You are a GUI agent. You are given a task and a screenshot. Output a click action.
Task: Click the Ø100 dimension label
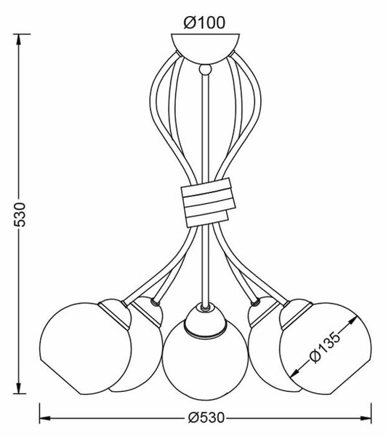pyautogui.click(x=204, y=23)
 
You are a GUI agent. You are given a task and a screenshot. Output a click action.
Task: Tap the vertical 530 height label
pyautogui.click(x=20, y=214)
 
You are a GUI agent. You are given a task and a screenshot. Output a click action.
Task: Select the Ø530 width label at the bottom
pyautogui.click(x=206, y=418)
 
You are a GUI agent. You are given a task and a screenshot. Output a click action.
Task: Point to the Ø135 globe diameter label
pyautogui.click(x=324, y=347)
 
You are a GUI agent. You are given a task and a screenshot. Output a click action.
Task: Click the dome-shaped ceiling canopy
pyautogui.click(x=205, y=48)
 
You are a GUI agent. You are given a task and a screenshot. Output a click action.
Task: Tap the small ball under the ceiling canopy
pyautogui.click(x=205, y=69)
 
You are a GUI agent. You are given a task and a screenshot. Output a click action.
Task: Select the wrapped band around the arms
pyautogui.click(x=208, y=202)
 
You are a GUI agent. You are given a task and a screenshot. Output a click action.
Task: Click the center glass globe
pyautogui.click(x=205, y=360)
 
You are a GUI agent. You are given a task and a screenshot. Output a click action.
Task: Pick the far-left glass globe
pyautogui.click(x=85, y=348)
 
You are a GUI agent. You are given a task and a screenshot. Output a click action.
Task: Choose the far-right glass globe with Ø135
pyautogui.click(x=326, y=348)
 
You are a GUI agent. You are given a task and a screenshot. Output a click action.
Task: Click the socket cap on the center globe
pyautogui.click(x=205, y=319)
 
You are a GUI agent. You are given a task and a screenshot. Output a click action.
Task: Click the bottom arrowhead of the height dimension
pyautogui.click(x=19, y=388)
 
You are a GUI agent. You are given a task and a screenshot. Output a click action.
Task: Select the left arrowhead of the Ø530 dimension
pyautogui.click(x=45, y=418)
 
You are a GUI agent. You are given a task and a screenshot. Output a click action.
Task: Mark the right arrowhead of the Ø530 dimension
pyautogui.click(x=366, y=418)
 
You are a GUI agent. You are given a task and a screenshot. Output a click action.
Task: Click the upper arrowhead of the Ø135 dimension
pyautogui.click(x=353, y=320)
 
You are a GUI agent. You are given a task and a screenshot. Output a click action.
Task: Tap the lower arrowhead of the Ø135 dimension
pyautogui.click(x=295, y=373)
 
